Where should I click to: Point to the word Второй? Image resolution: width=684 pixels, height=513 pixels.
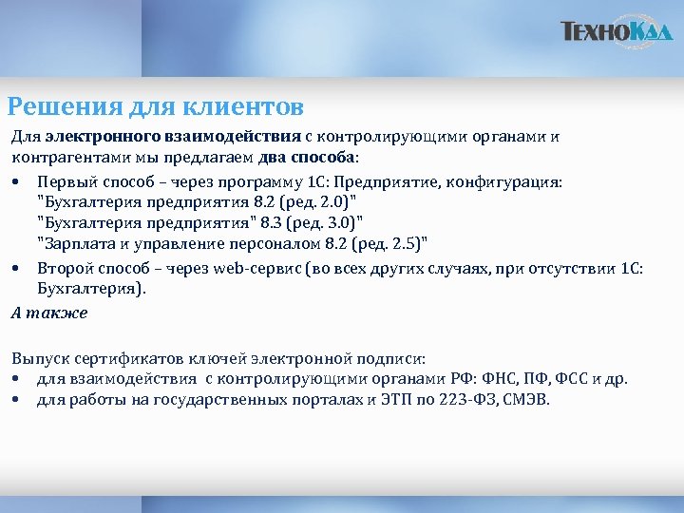[63, 268]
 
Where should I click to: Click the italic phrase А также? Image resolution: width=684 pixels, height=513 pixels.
[49, 313]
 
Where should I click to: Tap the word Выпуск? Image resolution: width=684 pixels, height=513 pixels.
[35, 358]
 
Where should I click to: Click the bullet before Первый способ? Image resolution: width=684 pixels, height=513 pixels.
[17, 180]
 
